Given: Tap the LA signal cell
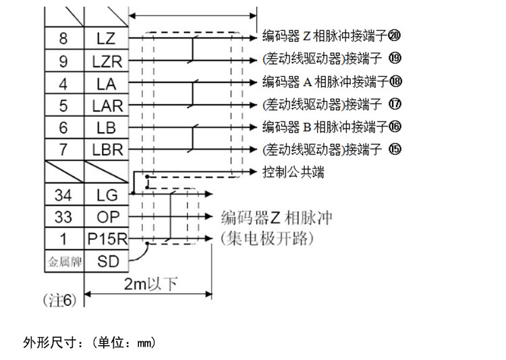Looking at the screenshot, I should pyautogui.click(x=106, y=83).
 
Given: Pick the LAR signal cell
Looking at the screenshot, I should pyautogui.click(x=106, y=106).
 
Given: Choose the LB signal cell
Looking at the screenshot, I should pyautogui.click(x=106, y=128).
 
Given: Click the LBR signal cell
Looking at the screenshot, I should pyautogui.click(x=106, y=150).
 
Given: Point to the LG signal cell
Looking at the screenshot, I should pyautogui.click(x=106, y=196).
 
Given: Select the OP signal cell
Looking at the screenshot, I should pyautogui.click(x=106, y=217).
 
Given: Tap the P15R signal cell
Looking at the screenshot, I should pyautogui.click(x=107, y=239).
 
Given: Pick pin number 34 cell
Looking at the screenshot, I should pyautogui.click(x=63, y=196).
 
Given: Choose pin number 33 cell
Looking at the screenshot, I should pyautogui.click(x=63, y=217).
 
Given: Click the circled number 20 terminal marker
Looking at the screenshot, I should pyautogui.click(x=395, y=34).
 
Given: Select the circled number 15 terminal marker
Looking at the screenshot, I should pyautogui.click(x=395, y=148).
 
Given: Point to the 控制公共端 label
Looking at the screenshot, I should pyautogui.click(x=293, y=173).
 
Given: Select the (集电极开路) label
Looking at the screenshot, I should pyautogui.click(x=268, y=239).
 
